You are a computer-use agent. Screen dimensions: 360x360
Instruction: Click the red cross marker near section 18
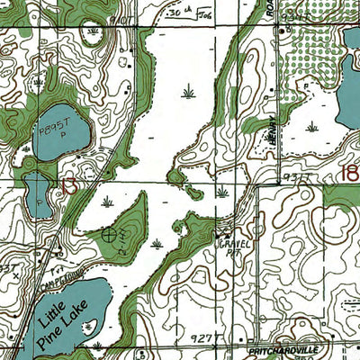(x=222, y=191)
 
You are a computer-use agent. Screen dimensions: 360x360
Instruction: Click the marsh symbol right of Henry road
(x=311, y=127)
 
